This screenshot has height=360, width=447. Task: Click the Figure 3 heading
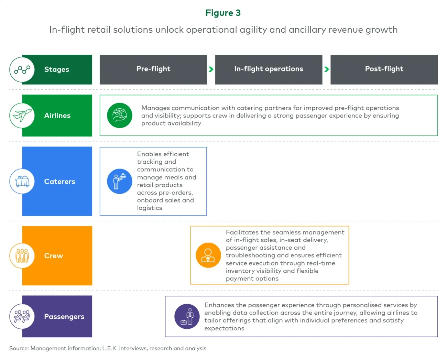tap(223, 13)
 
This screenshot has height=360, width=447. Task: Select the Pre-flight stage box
tap(153, 69)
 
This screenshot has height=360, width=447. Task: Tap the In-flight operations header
tap(269, 69)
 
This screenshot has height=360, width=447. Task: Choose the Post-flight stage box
tap(384, 69)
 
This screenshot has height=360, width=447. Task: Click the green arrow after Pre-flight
tap(211, 69)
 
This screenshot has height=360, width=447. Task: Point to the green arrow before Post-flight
tap(326, 69)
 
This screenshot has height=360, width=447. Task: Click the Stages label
tap(57, 69)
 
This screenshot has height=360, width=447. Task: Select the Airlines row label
tap(57, 116)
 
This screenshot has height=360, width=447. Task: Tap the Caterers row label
tap(59, 182)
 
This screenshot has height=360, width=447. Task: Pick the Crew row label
tap(54, 256)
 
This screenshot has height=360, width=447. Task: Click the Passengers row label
tap(64, 317)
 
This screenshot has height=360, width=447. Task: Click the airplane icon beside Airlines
tap(22, 116)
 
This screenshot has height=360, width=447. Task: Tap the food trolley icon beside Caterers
tap(22, 181)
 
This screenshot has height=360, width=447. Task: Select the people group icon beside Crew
tap(22, 256)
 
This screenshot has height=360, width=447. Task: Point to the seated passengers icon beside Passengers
tap(22, 316)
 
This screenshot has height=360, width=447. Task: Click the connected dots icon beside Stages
tap(22, 69)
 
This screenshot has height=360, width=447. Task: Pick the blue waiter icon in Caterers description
tap(119, 181)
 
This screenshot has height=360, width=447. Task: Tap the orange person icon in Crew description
tap(208, 255)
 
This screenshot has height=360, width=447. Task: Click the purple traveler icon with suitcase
tap(187, 316)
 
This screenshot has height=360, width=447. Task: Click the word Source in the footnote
tap(19, 348)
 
